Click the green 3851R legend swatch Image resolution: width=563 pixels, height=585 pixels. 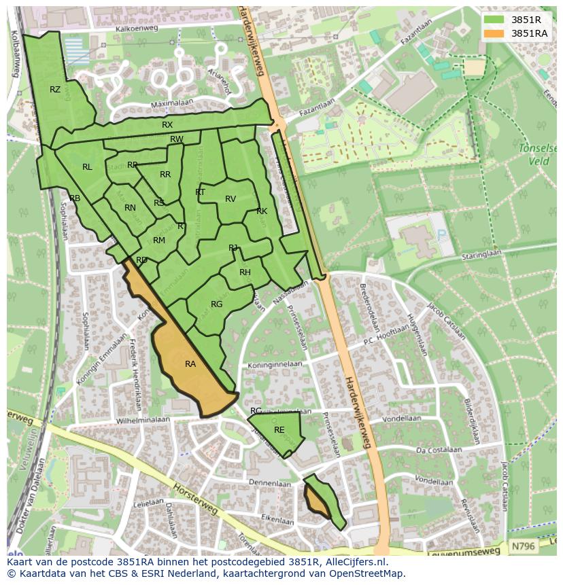point(494,20)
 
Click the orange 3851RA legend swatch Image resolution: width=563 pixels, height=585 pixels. point(494,33)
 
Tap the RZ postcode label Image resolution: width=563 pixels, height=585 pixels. point(55,90)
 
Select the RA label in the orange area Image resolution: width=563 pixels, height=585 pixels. point(190,364)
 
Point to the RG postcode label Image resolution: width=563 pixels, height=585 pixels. point(216,304)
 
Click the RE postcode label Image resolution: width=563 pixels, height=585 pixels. point(279,430)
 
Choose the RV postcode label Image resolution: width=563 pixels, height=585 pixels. point(231,199)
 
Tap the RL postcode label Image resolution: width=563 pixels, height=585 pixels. point(87,167)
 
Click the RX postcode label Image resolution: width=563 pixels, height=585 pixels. point(167,125)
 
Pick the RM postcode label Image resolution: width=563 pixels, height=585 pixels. point(159,241)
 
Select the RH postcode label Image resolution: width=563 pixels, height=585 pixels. point(245,272)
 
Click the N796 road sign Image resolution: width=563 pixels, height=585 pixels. point(522,546)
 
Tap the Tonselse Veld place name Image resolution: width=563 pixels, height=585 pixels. point(537,154)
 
